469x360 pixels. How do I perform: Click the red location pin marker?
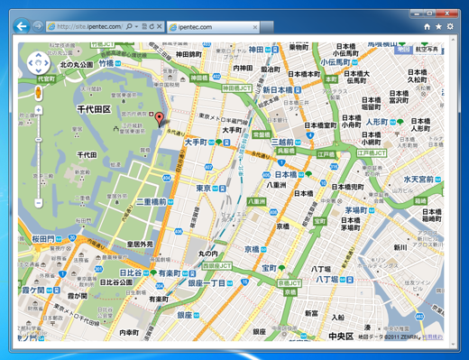(161, 119)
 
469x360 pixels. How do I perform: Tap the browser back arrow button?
(22, 27)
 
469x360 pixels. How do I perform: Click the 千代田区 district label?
(93, 109)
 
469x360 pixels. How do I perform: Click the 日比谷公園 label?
(116, 282)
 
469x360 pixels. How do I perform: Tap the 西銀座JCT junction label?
(216, 266)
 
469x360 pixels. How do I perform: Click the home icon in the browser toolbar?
(427, 27)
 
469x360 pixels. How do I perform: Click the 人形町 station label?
(376, 121)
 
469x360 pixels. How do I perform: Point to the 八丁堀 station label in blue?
(325, 280)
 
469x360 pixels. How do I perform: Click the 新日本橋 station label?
(279, 90)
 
